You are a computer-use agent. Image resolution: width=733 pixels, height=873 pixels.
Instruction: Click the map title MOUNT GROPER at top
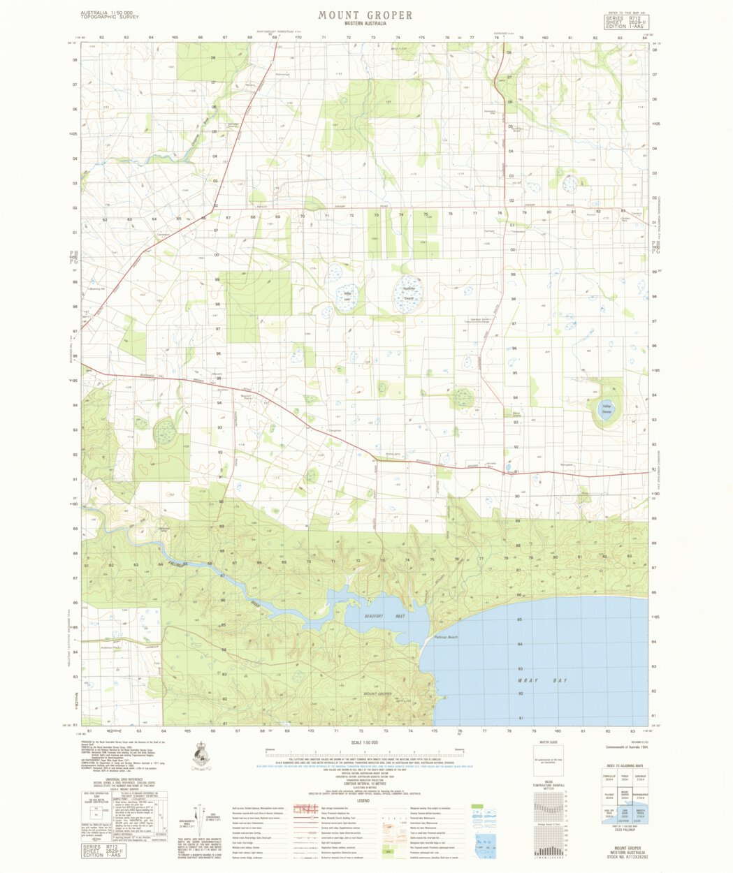[x=365, y=15]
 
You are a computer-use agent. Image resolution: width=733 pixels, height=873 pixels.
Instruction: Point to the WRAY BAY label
[x=542, y=680]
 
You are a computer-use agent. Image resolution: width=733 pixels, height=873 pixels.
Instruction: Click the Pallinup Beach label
[x=445, y=637]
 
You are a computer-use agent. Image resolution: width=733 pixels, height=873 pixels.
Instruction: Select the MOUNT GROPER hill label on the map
[x=378, y=694]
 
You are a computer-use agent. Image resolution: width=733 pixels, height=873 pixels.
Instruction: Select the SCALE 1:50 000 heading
[x=365, y=743]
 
